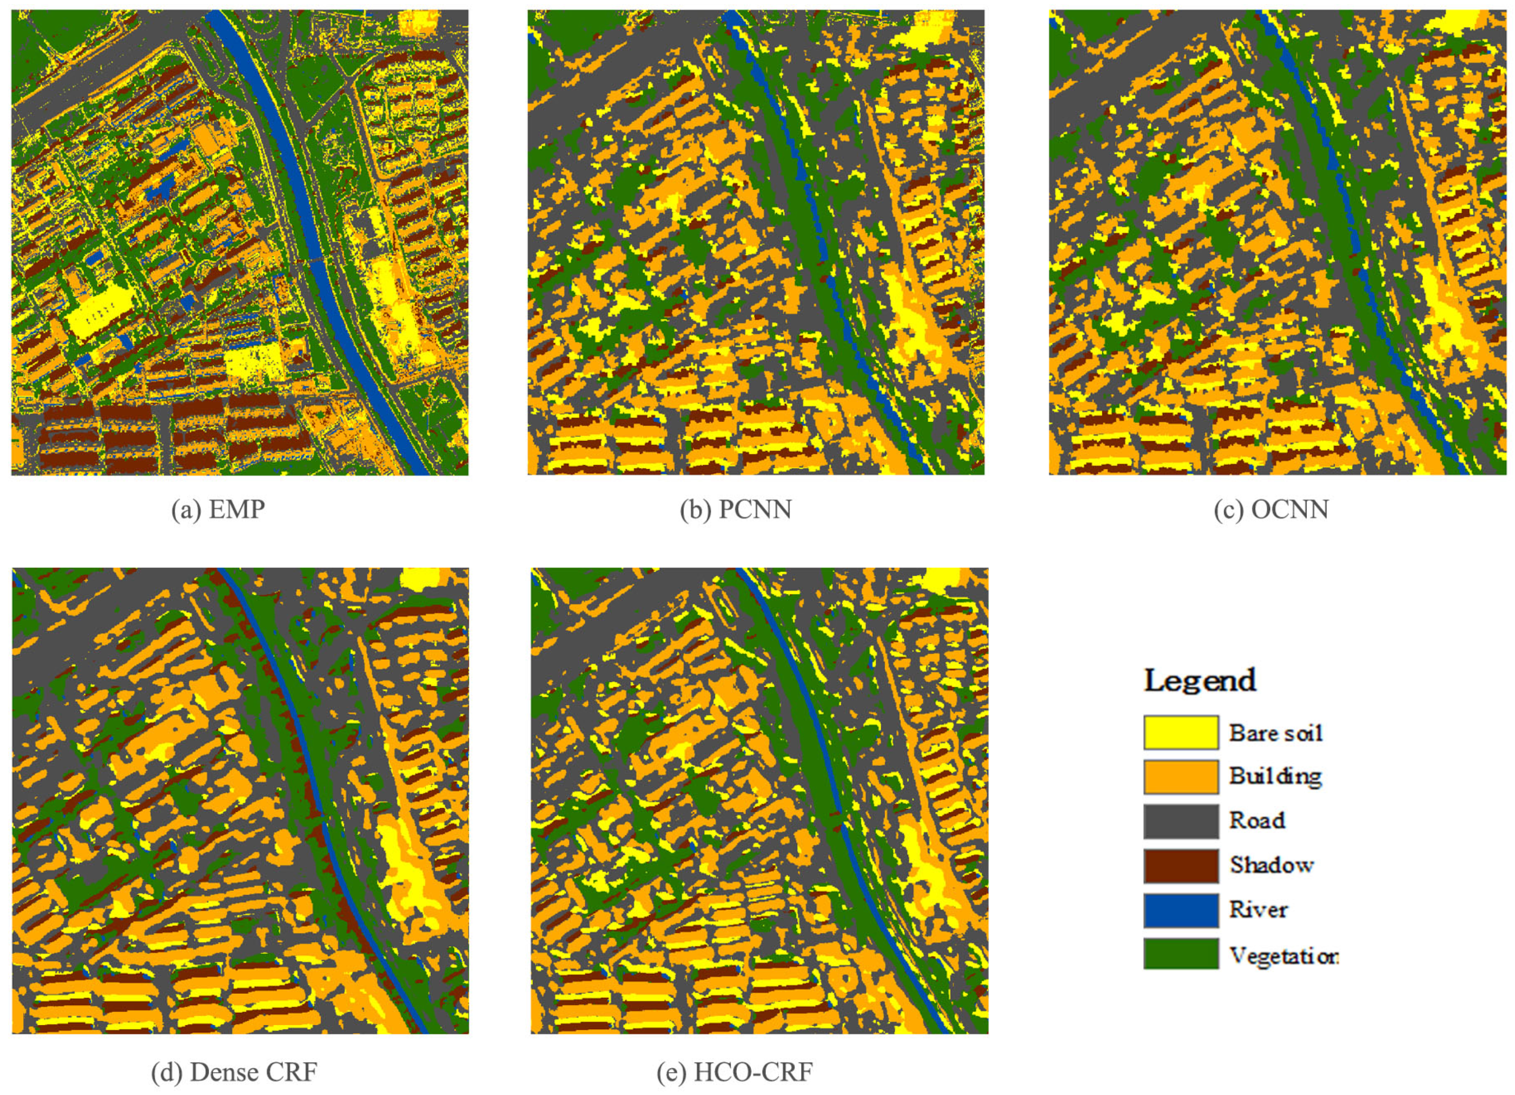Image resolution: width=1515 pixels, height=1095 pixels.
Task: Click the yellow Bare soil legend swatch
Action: coord(1180,732)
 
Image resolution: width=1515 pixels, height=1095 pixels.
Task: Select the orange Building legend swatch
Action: coord(1180,776)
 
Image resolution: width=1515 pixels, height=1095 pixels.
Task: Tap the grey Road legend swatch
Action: coord(1180,820)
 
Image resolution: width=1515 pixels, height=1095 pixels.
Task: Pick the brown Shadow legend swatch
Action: coord(1180,865)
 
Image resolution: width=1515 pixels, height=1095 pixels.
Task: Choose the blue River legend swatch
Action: coord(1180,910)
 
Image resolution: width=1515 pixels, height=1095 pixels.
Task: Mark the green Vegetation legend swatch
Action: coord(1180,954)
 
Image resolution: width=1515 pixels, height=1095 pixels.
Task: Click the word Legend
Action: coord(1200,680)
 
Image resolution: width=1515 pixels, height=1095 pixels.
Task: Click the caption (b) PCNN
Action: coord(735,510)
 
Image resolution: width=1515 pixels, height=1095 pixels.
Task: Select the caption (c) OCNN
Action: coord(1271,510)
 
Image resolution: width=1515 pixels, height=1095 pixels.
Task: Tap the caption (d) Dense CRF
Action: coord(234,1073)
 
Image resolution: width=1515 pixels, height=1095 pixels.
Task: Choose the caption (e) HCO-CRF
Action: coord(735,1073)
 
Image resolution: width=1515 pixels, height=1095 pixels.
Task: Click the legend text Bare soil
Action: coord(1275,733)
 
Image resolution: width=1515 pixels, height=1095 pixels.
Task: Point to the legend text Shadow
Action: coord(1271,865)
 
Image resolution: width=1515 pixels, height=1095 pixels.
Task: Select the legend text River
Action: coord(1258,910)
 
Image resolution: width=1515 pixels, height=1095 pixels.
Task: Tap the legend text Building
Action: coord(1275,776)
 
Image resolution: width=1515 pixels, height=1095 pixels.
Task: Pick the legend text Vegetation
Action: coord(1283,956)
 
